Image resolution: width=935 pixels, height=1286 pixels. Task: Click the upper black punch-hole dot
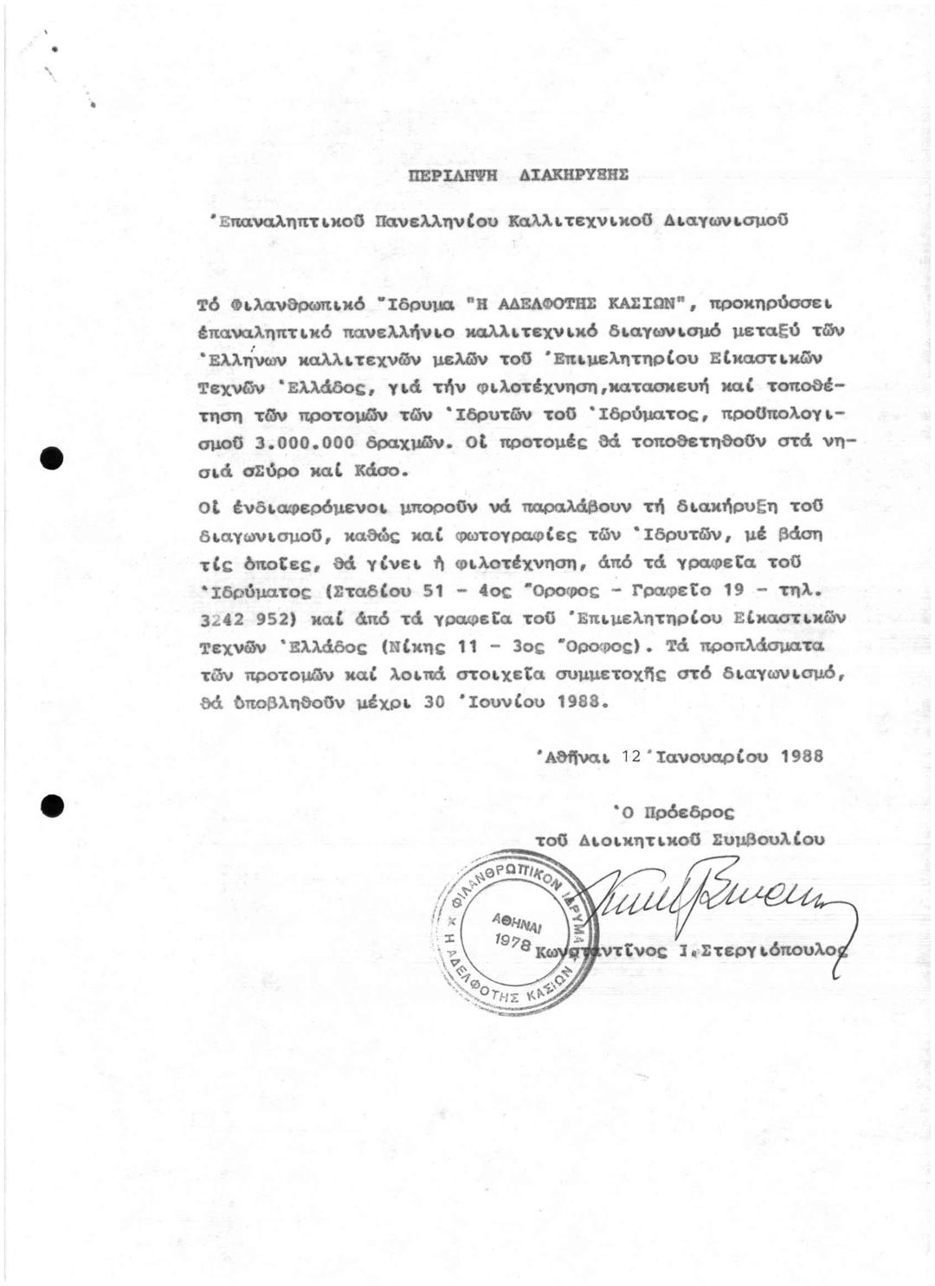pyautogui.click(x=54, y=457)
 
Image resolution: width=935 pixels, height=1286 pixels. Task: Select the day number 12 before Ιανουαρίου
pyautogui.click(x=630, y=755)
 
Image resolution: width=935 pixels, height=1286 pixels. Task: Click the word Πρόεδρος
pyautogui.click(x=685, y=813)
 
